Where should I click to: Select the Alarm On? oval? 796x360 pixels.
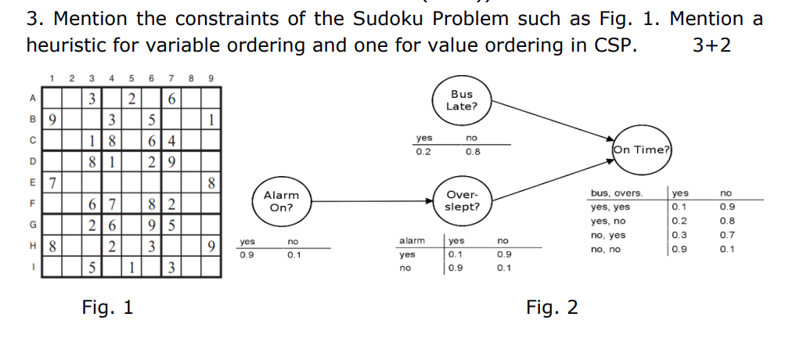click(x=280, y=201)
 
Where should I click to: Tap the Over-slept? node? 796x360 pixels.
click(x=462, y=201)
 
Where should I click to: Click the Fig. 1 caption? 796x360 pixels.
click(x=107, y=308)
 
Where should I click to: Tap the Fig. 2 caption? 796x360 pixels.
click(x=552, y=308)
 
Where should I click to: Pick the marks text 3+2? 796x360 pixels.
click(x=711, y=45)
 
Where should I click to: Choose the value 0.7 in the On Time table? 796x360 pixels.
click(x=727, y=235)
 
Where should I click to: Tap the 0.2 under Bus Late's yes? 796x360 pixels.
click(x=423, y=152)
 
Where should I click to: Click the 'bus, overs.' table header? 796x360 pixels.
click(x=617, y=193)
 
